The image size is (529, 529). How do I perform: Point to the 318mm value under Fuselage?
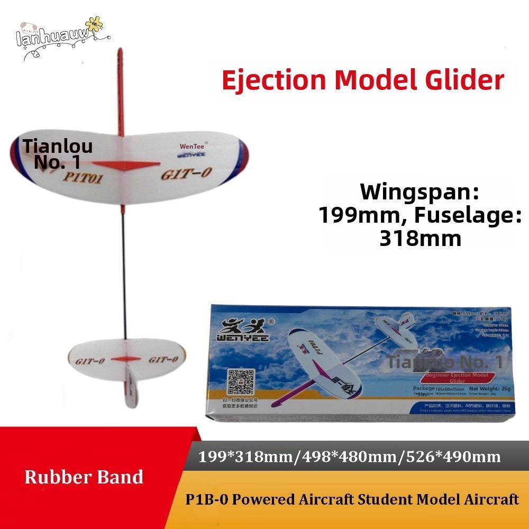(x=421, y=238)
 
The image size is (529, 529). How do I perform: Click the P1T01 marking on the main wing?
(x=85, y=178)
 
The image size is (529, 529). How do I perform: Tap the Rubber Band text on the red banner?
(x=84, y=477)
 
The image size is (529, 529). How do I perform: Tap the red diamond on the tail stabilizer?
(x=126, y=358)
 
